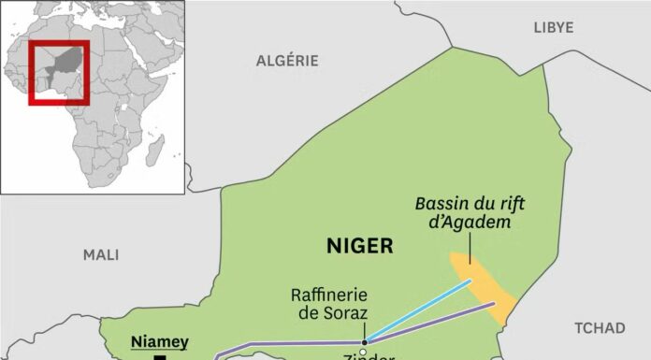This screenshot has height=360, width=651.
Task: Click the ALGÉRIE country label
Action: click(x=287, y=61)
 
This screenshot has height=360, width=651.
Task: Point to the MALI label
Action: click(x=101, y=253)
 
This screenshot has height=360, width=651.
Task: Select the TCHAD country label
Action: click(x=600, y=327)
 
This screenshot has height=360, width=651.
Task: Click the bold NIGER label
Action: click(x=360, y=246)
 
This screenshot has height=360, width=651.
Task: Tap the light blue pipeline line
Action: click(x=421, y=310)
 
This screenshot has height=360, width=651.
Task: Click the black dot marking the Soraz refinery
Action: click(x=366, y=341)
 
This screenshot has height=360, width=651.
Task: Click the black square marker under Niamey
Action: click(x=160, y=357)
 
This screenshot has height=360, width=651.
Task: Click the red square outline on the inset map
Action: click(x=59, y=72)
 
